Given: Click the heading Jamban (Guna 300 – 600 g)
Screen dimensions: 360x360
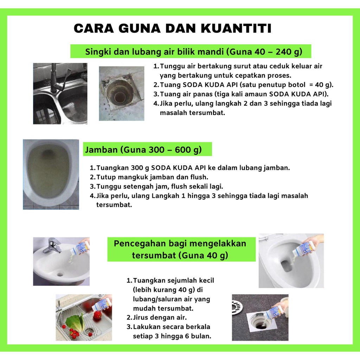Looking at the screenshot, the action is [x=143, y=150].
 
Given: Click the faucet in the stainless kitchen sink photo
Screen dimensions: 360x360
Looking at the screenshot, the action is [x=57, y=78].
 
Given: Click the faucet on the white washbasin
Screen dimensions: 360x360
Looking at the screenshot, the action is [x=53, y=245].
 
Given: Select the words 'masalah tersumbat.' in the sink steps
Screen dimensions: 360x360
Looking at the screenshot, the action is [x=192, y=113].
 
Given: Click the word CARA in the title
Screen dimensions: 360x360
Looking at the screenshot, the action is [x=94, y=28].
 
